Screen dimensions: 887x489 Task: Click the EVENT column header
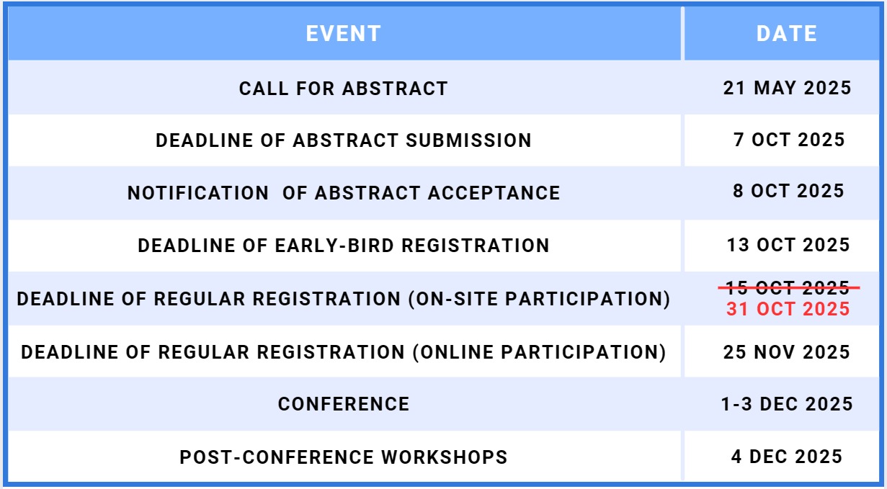[x=343, y=34]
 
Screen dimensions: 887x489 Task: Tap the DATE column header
[x=786, y=34]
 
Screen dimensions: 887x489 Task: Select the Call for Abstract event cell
[x=343, y=89]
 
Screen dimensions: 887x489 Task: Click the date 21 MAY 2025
[x=787, y=88]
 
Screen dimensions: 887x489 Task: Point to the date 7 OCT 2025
[x=789, y=140]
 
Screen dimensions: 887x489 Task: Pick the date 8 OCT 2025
[x=788, y=191]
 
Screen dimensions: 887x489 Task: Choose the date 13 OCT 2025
[x=788, y=245]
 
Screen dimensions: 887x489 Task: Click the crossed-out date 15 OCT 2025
[x=788, y=287]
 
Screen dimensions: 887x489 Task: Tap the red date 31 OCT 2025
[x=788, y=309]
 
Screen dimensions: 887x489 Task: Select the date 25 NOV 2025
[x=786, y=352]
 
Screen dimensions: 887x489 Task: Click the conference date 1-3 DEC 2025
[x=787, y=404]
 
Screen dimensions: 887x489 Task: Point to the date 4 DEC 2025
[x=787, y=457]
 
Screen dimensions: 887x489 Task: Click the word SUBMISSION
[x=468, y=140]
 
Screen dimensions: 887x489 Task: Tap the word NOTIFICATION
[x=198, y=193]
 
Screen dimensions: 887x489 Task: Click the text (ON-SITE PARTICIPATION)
[x=539, y=299]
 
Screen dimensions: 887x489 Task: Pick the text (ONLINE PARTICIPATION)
[x=539, y=352]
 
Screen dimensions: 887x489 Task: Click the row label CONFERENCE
[x=343, y=404]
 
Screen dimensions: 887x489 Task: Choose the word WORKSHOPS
[x=445, y=457]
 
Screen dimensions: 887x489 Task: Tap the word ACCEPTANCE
[x=494, y=193]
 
